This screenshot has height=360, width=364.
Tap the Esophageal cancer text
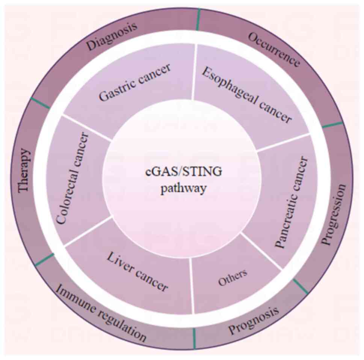pyautogui.click(x=246, y=95)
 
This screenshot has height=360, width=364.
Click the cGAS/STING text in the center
pyautogui.click(x=184, y=173)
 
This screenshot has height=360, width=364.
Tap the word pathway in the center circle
pyautogui.click(x=184, y=188)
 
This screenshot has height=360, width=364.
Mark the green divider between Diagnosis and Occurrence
pyautogui.click(x=198, y=14)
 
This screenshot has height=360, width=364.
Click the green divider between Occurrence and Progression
pyautogui.click(x=332, y=125)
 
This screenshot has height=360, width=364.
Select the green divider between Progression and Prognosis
pyautogui.click(x=301, y=286)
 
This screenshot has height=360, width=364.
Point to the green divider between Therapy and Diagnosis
pyautogui.click(x=40, y=103)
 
